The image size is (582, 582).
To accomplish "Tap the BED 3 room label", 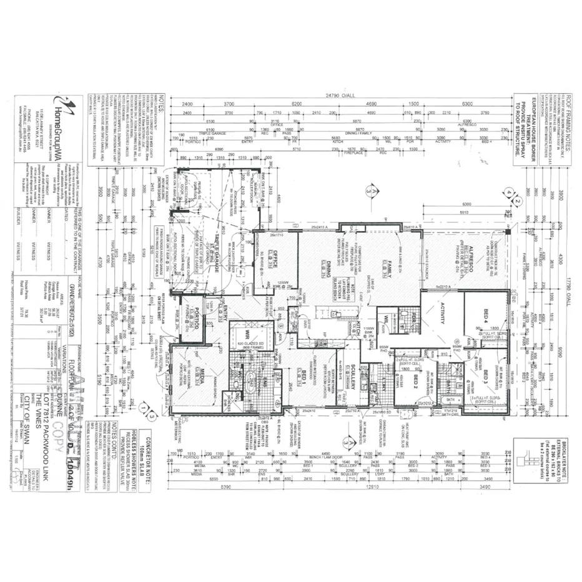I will tap(486, 377).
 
